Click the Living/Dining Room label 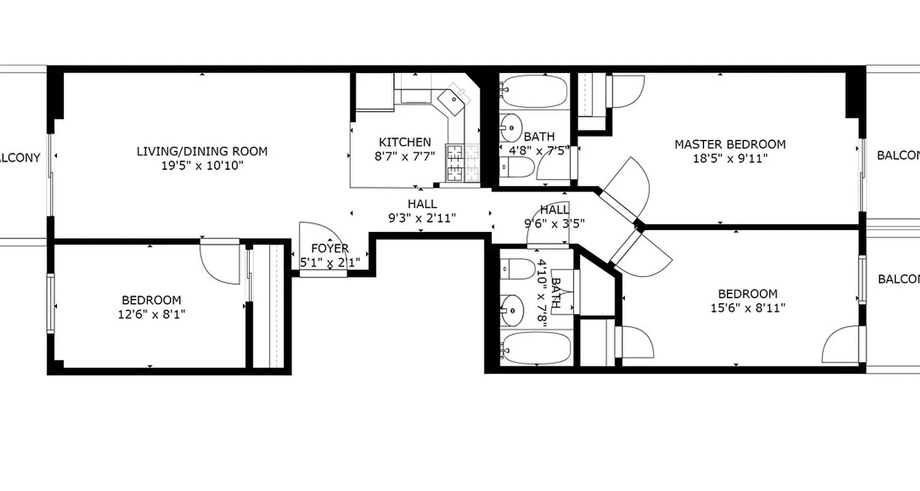click(x=202, y=151)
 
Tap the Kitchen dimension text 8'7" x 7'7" click(x=405, y=156)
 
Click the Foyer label click(x=329, y=249)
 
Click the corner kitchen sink click(x=453, y=99)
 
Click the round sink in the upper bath click(x=510, y=128)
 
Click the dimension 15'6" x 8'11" click(x=748, y=307)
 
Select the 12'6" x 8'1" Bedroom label click(x=151, y=300)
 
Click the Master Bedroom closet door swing click(x=627, y=92)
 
